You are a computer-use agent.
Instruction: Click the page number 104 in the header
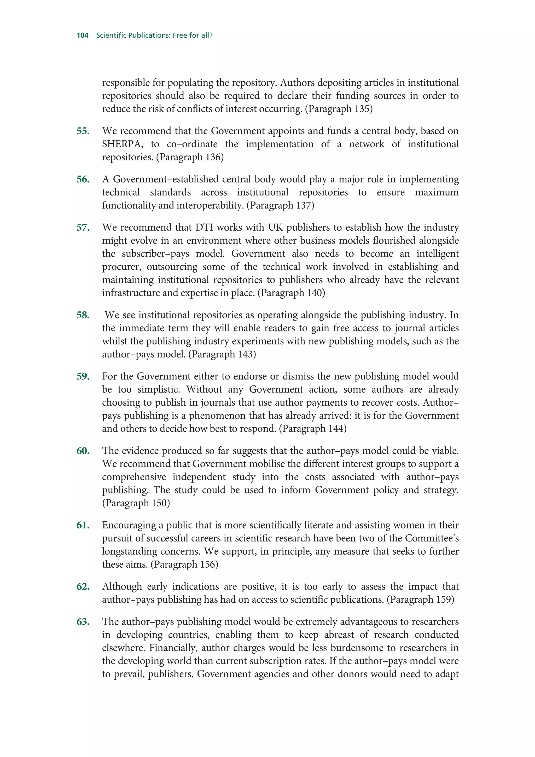point(82,35)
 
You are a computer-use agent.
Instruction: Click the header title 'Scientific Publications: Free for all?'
point(154,35)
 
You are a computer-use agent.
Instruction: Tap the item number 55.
point(83,131)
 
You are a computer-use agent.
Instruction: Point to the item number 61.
point(83,525)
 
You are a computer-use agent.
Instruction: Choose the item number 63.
point(83,621)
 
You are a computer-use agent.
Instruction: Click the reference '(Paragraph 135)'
point(339,109)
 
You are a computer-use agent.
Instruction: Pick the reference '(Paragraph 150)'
point(136,503)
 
